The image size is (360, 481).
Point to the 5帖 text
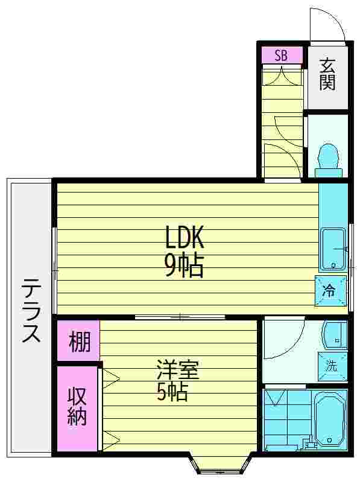[172, 392]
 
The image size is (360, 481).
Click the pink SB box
[281, 56]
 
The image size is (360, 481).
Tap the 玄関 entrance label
[327, 74]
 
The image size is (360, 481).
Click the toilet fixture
[328, 159]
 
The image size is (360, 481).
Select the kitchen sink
[333, 248]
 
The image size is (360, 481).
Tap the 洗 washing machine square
[332, 365]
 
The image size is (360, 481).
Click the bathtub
[329, 418]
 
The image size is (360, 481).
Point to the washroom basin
[333, 336]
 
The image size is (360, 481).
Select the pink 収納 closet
[77, 407]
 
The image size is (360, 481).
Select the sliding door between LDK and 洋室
[180, 316]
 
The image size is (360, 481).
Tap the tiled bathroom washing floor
[288, 418]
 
